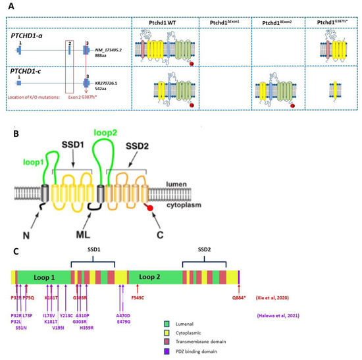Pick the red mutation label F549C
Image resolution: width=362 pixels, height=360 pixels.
[x=138, y=297]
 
